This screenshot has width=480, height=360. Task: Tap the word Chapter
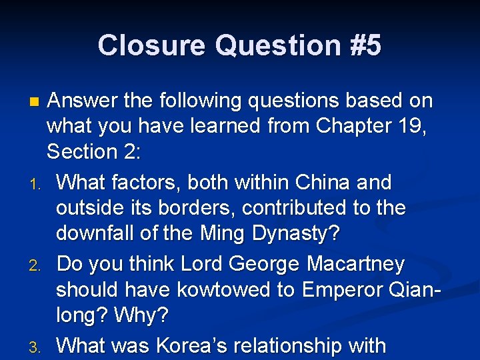coord(348,127)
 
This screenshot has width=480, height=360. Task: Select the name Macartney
coord(355,265)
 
